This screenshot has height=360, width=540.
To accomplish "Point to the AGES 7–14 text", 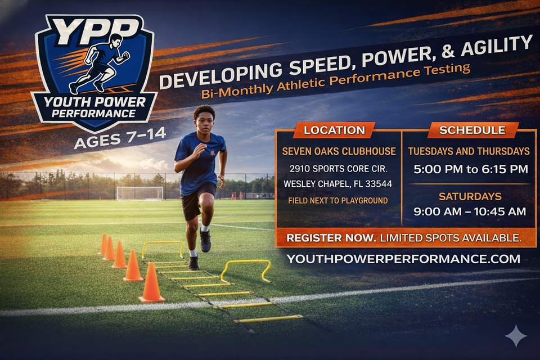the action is click(x=120, y=137).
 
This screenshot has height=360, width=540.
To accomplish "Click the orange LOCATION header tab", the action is click(x=334, y=130).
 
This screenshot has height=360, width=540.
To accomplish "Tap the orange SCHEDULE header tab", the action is click(x=472, y=130).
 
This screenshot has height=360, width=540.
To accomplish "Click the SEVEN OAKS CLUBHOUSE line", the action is click(x=339, y=151).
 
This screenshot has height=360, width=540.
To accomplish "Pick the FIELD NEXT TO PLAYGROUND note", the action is click(x=338, y=200).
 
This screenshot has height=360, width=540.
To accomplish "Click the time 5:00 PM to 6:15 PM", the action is click(x=470, y=169).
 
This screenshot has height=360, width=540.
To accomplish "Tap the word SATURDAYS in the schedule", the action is click(x=470, y=196).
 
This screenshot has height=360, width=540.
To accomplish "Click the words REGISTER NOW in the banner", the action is click(x=331, y=238).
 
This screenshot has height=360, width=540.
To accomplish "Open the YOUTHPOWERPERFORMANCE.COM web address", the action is click(x=403, y=259).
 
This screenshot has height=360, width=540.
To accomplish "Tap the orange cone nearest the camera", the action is click(x=151, y=283).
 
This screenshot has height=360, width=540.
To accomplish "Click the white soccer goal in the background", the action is click(x=140, y=193).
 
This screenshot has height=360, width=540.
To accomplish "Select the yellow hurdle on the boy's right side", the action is click(x=163, y=249).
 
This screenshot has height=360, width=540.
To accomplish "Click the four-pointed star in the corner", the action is click(x=516, y=336).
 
